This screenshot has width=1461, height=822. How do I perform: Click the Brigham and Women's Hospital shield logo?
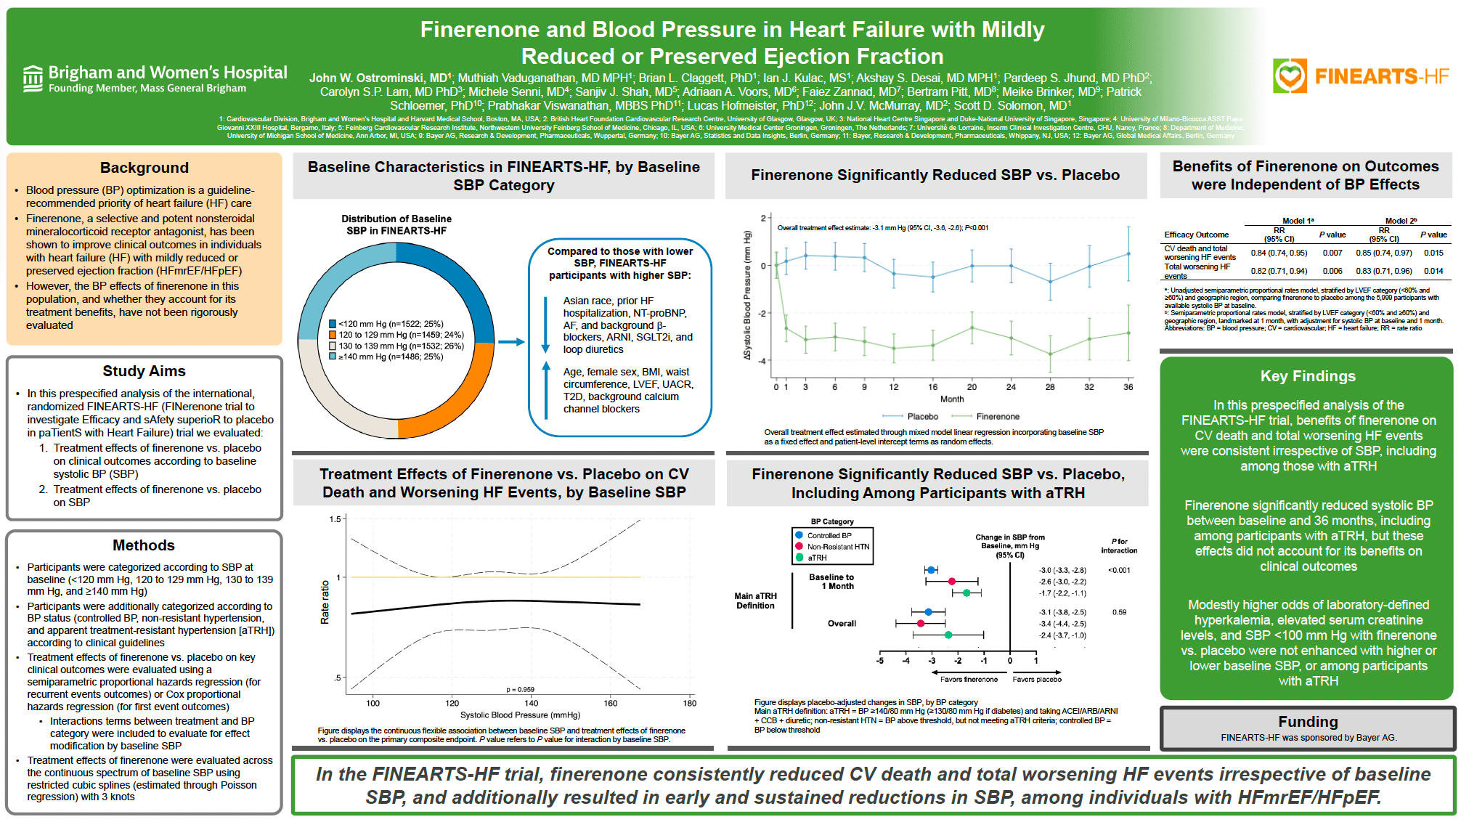[33, 78]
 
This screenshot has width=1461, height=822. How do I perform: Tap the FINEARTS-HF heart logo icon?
[1290, 76]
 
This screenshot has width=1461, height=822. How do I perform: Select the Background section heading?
[144, 168]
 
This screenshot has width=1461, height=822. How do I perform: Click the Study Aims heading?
[144, 371]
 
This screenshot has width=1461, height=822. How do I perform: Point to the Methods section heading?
[144, 545]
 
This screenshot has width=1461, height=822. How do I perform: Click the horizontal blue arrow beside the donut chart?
[511, 342]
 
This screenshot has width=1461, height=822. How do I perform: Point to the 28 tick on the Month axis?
[1050, 387]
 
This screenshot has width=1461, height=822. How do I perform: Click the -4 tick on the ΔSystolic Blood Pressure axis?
[762, 361]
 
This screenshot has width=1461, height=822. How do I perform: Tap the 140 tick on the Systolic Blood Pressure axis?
[532, 703]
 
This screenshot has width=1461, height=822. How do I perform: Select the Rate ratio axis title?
[325, 602]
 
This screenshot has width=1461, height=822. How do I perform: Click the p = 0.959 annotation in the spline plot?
[520, 690]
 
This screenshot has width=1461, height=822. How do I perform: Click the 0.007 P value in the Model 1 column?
[1332, 253]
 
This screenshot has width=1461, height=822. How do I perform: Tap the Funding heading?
[1308, 722]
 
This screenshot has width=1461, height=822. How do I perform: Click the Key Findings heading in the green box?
[1308, 376]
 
